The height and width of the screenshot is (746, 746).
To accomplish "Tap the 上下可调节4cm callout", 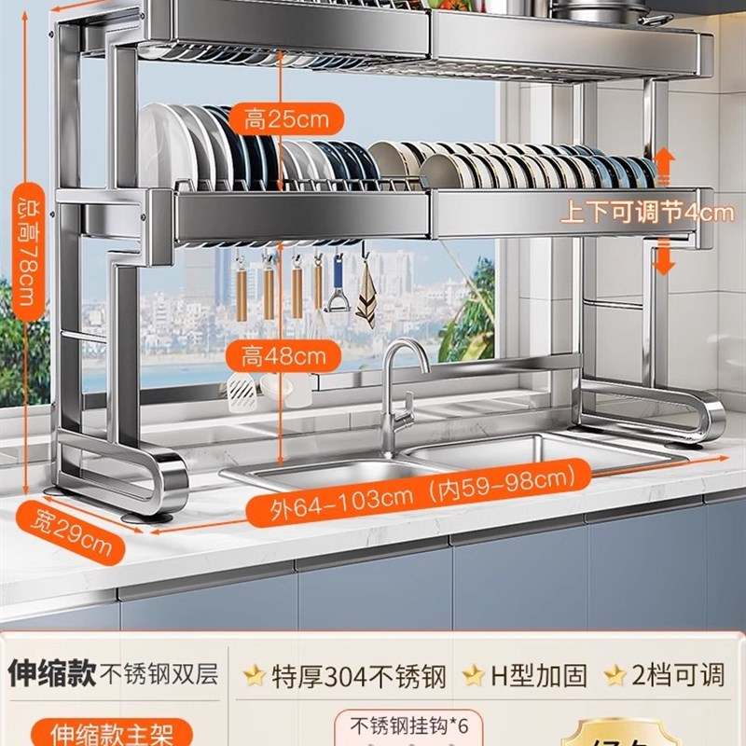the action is point(646,213).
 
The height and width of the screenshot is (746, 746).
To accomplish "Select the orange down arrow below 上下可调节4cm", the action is point(663,256).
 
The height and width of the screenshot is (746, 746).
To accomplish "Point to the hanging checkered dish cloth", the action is point(365,293).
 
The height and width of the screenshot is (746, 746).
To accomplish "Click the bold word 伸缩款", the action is point(51,674).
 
